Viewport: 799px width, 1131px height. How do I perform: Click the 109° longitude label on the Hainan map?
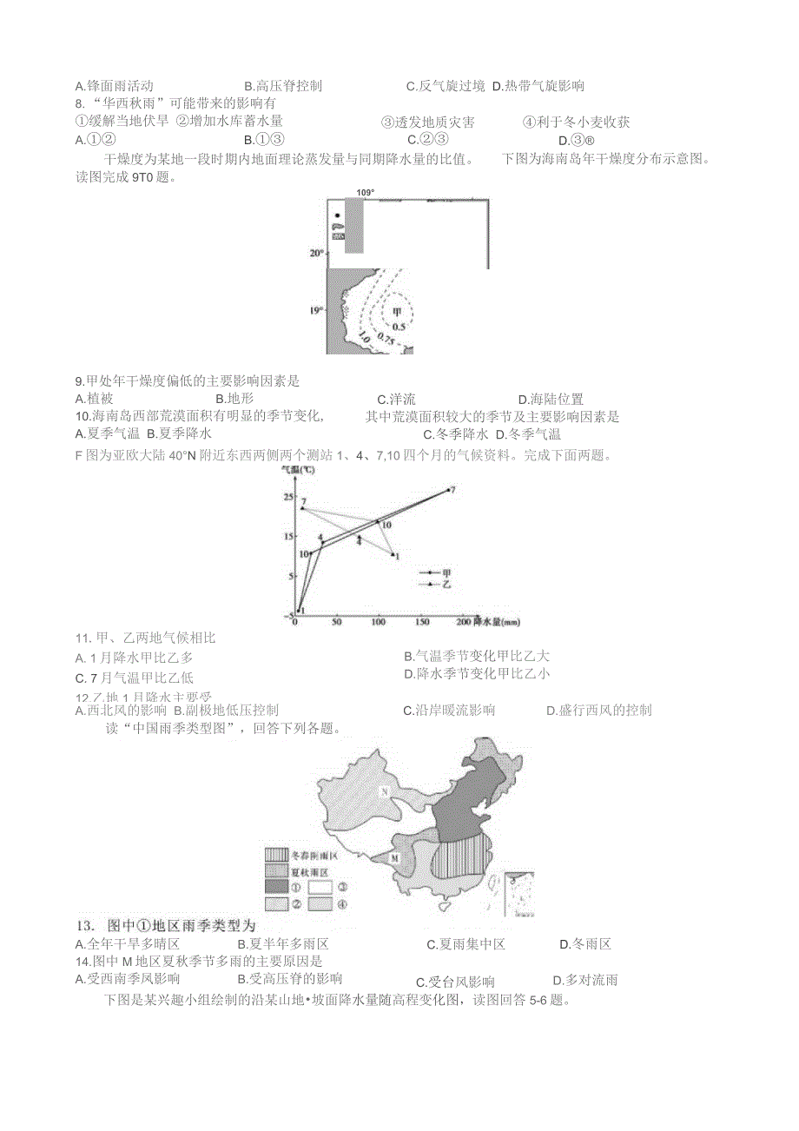coord(364,193)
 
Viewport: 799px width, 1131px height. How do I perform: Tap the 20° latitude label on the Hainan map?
coord(316,254)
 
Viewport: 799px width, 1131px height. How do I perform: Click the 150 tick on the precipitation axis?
coord(421,623)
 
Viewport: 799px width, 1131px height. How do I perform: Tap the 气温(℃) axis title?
coord(300,469)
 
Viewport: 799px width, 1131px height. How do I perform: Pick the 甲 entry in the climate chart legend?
coord(439,573)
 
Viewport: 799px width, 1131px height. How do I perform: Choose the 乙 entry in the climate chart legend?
coord(439,585)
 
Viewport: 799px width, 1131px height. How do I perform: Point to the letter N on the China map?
coord(383,791)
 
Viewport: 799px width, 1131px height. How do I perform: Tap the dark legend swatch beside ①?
coord(276,887)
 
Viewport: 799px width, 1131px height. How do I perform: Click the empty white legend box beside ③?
coord(320,887)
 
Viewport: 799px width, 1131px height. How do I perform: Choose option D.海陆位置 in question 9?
coord(551,399)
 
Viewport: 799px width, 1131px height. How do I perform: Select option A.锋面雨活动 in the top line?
coord(115,86)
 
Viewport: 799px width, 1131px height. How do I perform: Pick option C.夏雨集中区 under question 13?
coord(466,944)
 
